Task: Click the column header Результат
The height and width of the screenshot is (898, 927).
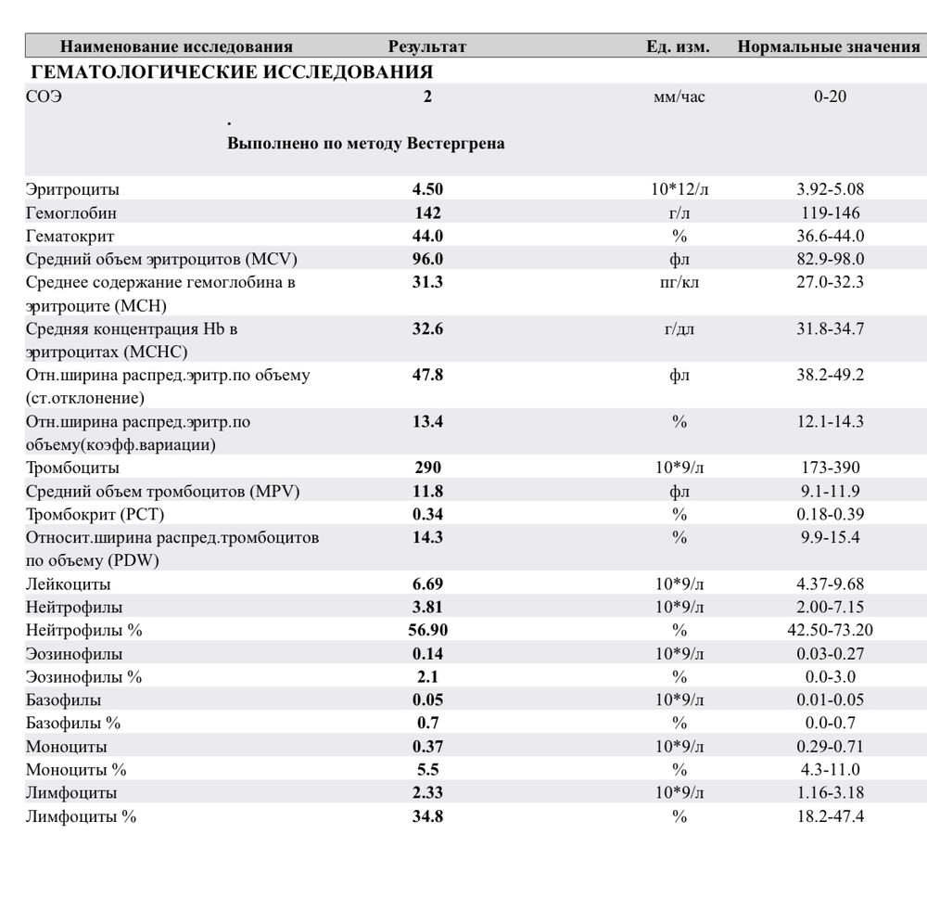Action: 426,46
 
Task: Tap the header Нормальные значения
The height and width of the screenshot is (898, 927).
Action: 828,46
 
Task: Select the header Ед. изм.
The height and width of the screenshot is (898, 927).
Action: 678,46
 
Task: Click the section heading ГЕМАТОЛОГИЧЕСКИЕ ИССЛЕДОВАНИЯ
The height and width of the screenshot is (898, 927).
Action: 232,71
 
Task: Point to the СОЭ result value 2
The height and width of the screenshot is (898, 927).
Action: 427,96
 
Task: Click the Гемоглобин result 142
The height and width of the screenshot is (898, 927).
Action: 427,212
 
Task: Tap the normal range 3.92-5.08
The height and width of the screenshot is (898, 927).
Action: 830,189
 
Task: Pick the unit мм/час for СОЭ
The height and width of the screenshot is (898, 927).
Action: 679,96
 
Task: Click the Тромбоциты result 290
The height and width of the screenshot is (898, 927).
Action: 427,468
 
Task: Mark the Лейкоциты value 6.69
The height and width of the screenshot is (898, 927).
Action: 427,584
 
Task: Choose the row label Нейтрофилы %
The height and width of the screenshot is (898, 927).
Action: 83,631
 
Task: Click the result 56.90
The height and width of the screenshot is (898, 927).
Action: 427,631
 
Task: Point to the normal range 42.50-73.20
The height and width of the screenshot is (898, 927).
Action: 830,631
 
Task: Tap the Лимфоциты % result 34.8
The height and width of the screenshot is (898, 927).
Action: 427,816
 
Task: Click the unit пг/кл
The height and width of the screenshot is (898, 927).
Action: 679,282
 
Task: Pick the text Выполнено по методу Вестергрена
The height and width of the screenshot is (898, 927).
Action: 366,144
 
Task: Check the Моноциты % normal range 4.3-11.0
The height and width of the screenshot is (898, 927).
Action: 830,770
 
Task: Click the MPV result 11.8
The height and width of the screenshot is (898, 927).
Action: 427,491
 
